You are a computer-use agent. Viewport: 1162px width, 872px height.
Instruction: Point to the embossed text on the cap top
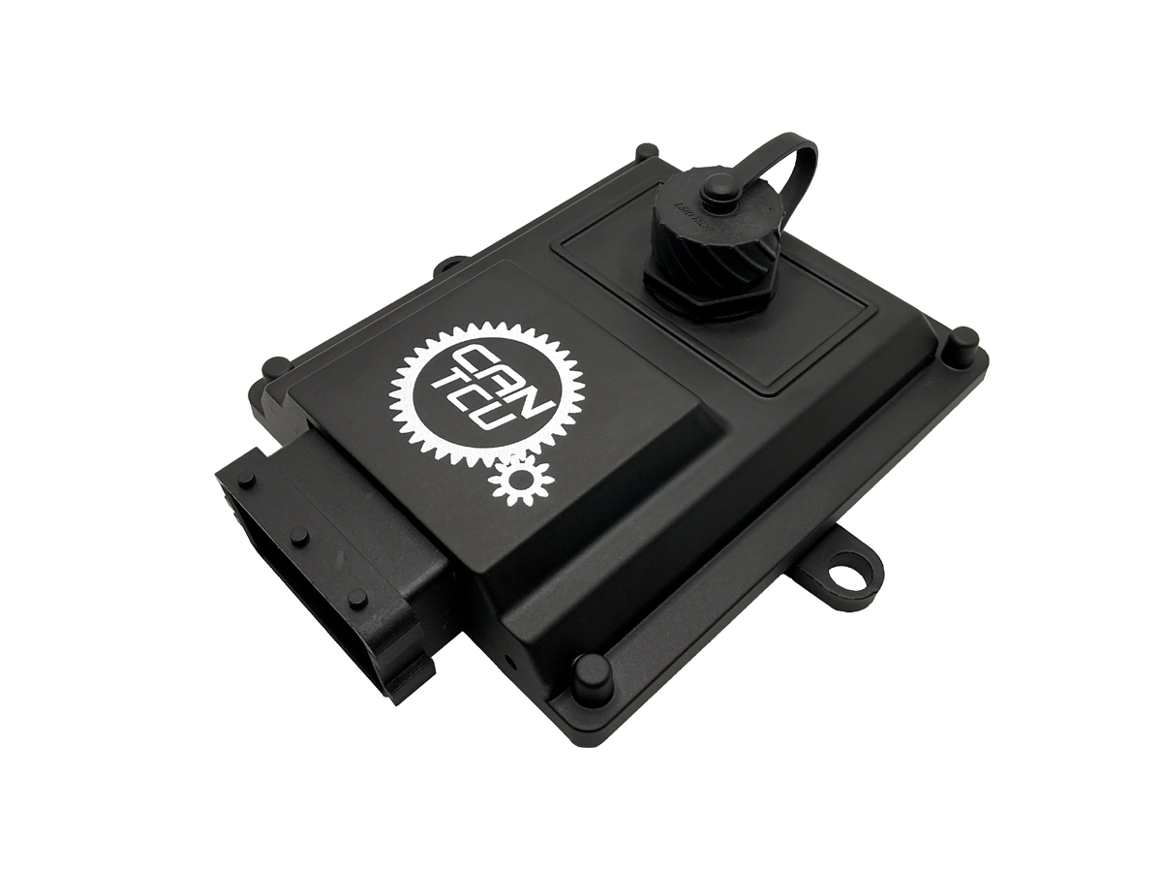click(x=679, y=202)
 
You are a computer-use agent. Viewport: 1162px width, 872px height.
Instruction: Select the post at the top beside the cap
click(x=643, y=153)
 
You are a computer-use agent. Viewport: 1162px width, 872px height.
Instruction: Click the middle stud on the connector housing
click(x=300, y=536)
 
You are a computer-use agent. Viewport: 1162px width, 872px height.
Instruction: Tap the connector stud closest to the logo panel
click(x=358, y=598)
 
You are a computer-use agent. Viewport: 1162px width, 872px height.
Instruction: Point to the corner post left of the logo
click(x=277, y=368)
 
